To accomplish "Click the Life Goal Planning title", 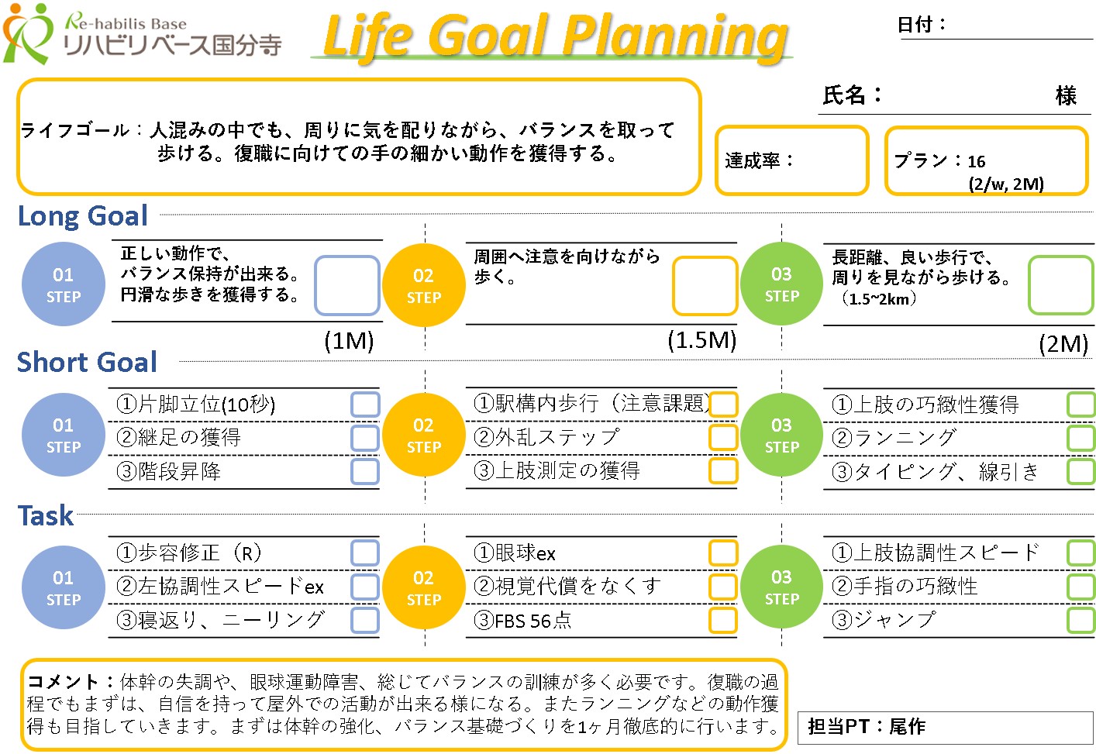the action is pos(555,37).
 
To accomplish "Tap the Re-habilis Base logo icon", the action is pos(27,33).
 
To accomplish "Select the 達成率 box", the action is pos(791,160).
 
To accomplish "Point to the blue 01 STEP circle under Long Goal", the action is pos(64,284).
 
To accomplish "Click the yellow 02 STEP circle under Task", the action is pos(424,587).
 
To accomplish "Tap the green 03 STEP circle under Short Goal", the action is pos(781,435).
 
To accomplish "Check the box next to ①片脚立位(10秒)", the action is pos(365,405).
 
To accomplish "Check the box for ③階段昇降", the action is pos(365,472).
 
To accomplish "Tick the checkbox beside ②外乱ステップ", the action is pos(722,437).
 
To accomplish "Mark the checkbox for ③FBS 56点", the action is pos(722,621).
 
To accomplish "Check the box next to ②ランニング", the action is pos(1080,437).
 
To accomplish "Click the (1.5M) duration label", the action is pos(701,340).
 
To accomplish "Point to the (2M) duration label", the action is pos(1063,344).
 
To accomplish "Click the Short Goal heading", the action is pos(87,362).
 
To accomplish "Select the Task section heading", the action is pos(46,515).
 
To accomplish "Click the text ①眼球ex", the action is pos(514,553).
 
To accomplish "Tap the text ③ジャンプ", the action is pos(884,620).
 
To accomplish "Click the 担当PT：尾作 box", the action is pos(945,727).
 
